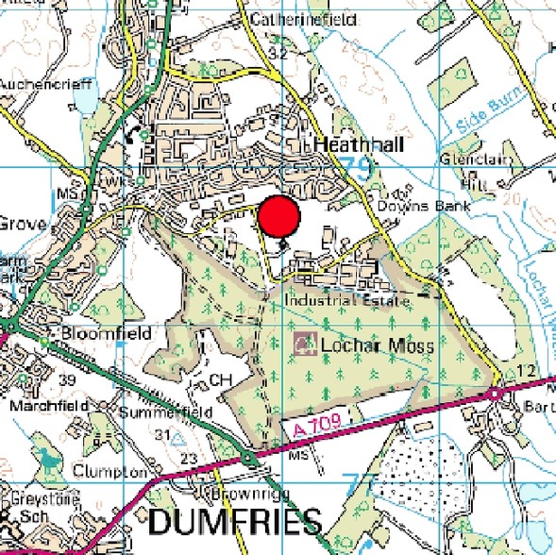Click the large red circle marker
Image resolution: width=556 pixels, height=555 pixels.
coord(278,218)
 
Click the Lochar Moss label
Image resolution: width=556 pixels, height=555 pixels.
coord(378,345)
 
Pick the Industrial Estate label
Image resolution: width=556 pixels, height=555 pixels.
coord(347,300)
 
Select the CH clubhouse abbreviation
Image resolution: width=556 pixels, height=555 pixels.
coord(220,379)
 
